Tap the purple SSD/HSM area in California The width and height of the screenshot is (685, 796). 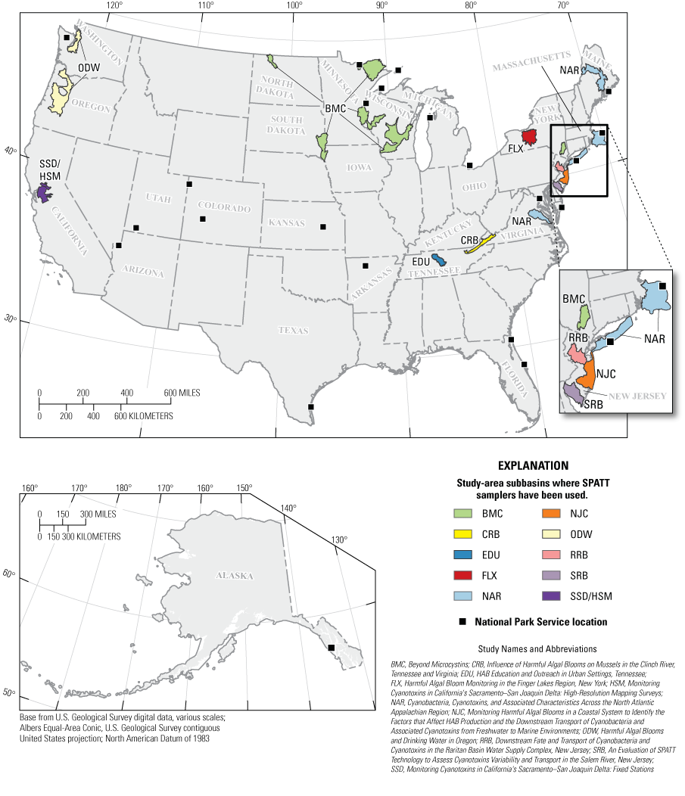(44, 193)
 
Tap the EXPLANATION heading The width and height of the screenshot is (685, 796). (533, 466)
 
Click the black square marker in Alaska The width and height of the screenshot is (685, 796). (331, 647)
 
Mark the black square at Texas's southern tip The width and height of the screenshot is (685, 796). (311, 407)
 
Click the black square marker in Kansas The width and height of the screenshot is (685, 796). (323, 226)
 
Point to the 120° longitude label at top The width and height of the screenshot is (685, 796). (114, 5)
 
